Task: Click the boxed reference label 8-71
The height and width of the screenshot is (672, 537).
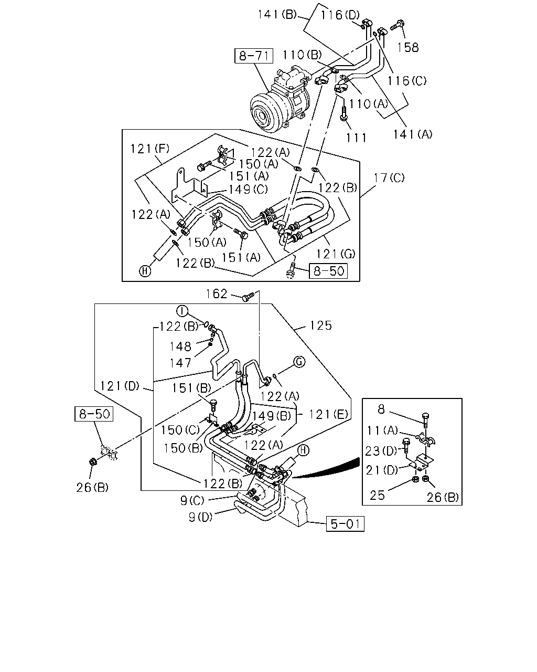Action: tap(254, 56)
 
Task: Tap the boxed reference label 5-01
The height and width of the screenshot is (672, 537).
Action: tap(345, 523)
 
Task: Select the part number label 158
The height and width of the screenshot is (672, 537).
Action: tap(407, 47)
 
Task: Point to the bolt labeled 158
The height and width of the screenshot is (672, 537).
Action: tap(397, 25)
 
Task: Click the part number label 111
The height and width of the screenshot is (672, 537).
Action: tap(356, 138)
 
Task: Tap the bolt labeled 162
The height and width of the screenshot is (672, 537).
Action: tap(249, 296)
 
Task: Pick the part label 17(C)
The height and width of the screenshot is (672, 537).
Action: tap(389, 178)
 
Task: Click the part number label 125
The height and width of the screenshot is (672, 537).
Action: tap(321, 325)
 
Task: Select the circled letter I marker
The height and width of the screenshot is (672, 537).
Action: tap(182, 311)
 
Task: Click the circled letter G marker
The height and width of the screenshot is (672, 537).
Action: tap(299, 362)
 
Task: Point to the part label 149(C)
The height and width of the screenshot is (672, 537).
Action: tap(248, 189)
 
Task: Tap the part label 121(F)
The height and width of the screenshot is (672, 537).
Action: tap(150, 149)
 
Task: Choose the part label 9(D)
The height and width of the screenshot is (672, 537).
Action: tap(200, 517)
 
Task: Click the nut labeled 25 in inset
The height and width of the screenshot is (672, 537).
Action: tap(416, 479)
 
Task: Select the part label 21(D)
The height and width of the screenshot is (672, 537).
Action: tap(382, 470)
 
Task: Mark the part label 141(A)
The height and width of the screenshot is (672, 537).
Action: tap(413, 134)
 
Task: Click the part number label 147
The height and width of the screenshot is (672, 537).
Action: tap(180, 363)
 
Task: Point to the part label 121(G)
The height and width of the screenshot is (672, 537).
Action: tap(336, 254)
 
